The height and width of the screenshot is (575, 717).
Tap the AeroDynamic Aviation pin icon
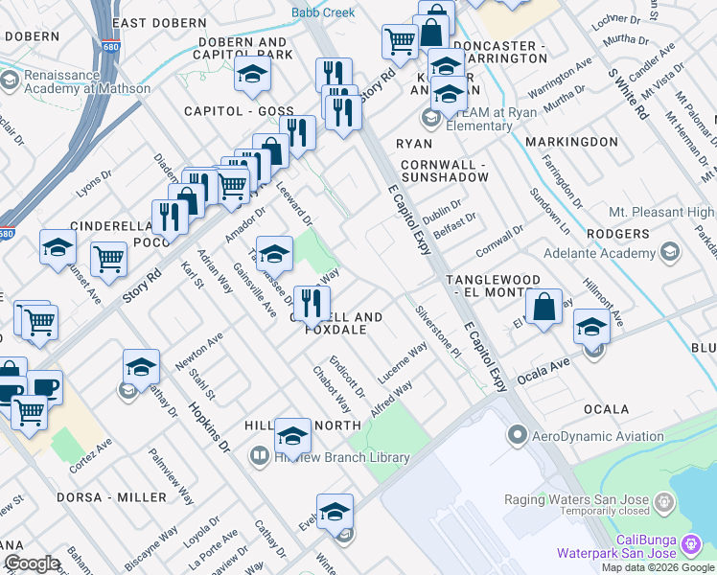coord(518,436)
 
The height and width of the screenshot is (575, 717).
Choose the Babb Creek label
coord(323,12)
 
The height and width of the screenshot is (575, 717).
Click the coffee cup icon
coord(44,388)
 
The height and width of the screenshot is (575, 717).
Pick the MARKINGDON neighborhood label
coord(573,142)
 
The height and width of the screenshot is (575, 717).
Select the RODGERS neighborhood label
coord(619,234)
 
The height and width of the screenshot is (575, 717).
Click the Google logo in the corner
coord(33,563)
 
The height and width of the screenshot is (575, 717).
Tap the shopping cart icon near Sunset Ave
coord(108,258)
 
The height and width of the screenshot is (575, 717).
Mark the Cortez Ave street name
coord(90,456)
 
